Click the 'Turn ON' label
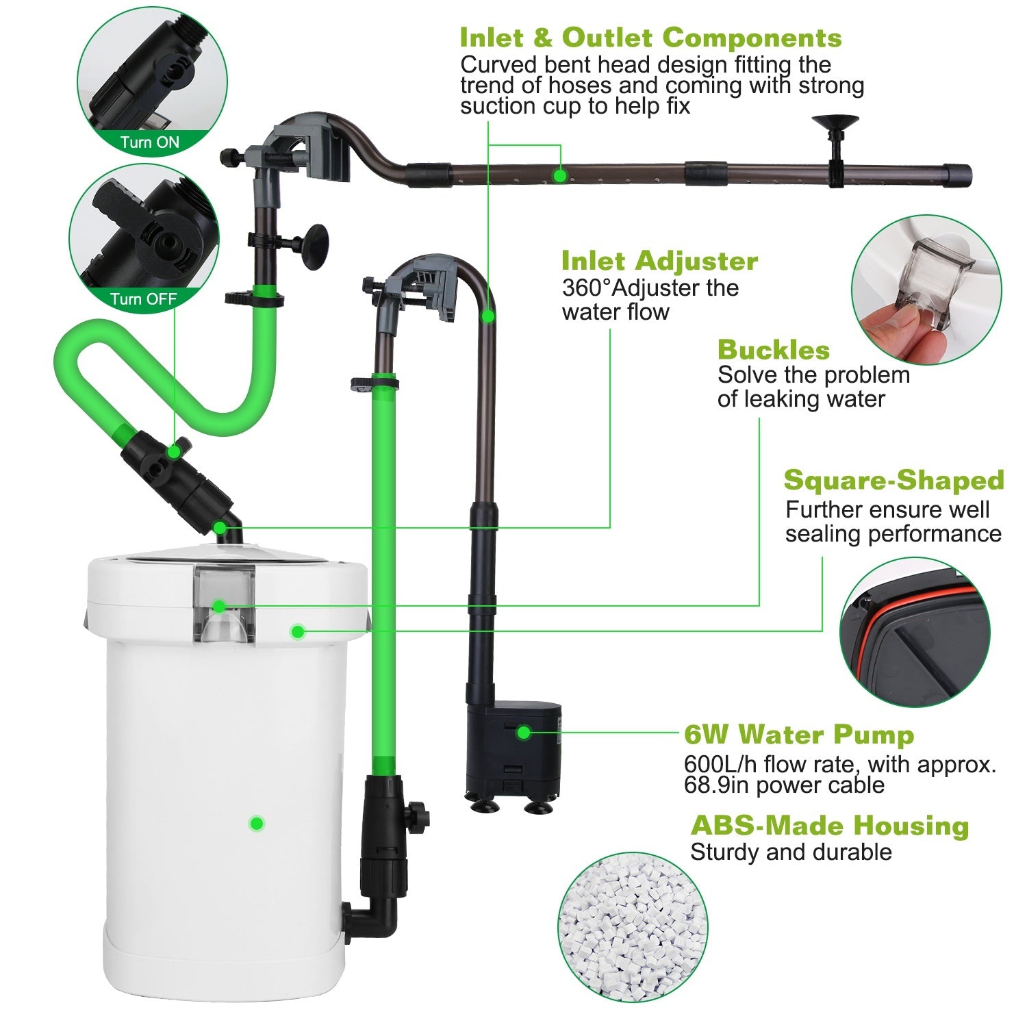tap(149, 142)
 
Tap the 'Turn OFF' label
tap(143, 299)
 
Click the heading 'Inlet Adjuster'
tap(659, 261)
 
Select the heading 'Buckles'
tap(773, 350)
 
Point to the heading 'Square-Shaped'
tap(893, 480)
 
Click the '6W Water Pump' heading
tap(798, 735)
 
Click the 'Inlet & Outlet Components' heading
tap(650, 38)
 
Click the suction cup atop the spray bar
tap(835, 124)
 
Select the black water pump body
tap(513, 750)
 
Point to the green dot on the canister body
tap(256, 823)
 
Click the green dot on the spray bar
tap(559, 176)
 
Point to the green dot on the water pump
tap(523, 733)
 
